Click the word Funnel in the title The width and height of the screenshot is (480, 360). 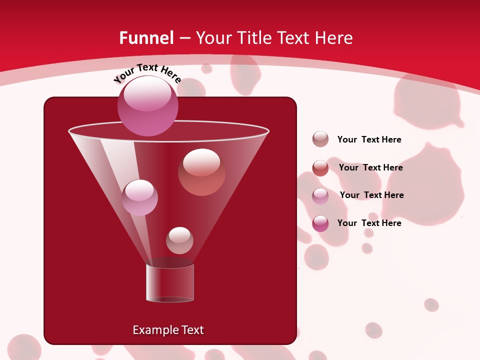(x=146, y=38)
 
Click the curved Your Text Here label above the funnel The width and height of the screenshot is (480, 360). (x=147, y=72)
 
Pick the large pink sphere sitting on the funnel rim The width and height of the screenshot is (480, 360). (x=147, y=106)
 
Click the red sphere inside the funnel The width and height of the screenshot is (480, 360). (x=201, y=171)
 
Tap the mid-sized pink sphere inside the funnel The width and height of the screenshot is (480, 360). (x=139, y=197)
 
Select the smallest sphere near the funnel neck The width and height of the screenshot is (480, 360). (x=179, y=240)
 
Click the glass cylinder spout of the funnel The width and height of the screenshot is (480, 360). (x=170, y=283)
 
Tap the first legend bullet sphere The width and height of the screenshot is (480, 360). (x=320, y=139)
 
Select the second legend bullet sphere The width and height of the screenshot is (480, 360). (x=320, y=168)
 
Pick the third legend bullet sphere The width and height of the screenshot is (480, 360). (x=320, y=196)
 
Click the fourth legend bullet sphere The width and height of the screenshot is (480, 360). (x=320, y=223)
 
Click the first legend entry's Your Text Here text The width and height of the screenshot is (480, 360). (x=369, y=140)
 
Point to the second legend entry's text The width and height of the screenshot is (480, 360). (x=370, y=168)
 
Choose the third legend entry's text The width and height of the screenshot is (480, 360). (x=371, y=195)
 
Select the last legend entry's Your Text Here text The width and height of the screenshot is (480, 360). (x=369, y=223)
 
